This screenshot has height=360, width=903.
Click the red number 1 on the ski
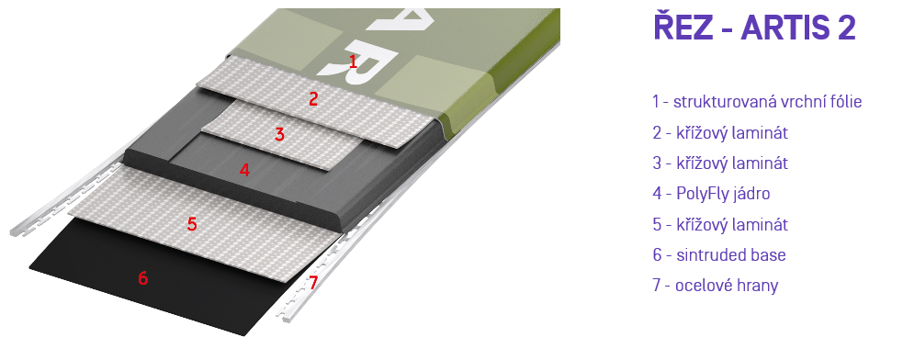tap(354, 62)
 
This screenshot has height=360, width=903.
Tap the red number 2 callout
tap(313, 99)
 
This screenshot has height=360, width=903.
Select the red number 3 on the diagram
tap(280, 135)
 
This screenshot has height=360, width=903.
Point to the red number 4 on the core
tap(244, 170)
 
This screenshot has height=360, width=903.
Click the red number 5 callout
tap(192, 224)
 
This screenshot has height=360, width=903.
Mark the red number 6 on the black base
tap(142, 278)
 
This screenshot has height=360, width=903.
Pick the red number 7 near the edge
tap(313, 283)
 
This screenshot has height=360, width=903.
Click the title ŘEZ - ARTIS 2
tap(754, 27)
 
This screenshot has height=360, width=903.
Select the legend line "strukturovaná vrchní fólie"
tap(757, 102)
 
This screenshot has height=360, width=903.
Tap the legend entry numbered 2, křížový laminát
tap(720, 132)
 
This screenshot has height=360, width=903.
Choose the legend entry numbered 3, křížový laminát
tap(720, 163)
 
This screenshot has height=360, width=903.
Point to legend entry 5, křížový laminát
tap(720, 224)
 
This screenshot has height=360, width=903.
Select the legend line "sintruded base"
tap(719, 254)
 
